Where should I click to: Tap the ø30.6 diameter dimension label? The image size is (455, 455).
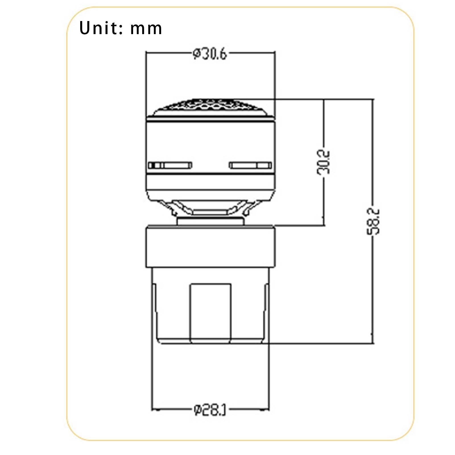click(210, 54)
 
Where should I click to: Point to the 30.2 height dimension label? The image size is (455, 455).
click(324, 162)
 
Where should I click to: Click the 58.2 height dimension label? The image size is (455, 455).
click(373, 222)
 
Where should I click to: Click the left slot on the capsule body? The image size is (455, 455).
click(170, 165)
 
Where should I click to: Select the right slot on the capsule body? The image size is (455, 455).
click(251, 165)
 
